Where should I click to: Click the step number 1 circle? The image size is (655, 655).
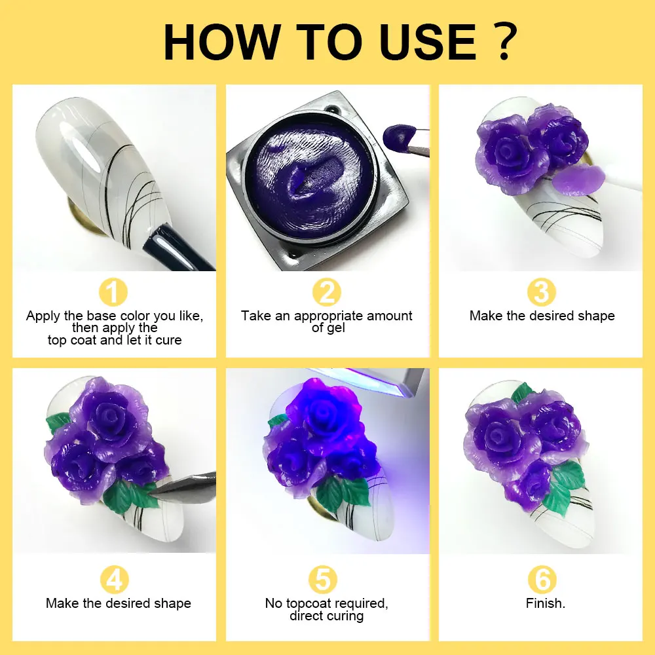(114, 293)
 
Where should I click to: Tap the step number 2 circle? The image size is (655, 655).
(326, 293)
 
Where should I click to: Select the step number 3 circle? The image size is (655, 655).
(542, 293)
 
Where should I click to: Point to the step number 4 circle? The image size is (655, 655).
(114, 580)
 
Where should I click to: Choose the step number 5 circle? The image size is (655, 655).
(326, 580)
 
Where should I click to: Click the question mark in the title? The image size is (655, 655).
(504, 43)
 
